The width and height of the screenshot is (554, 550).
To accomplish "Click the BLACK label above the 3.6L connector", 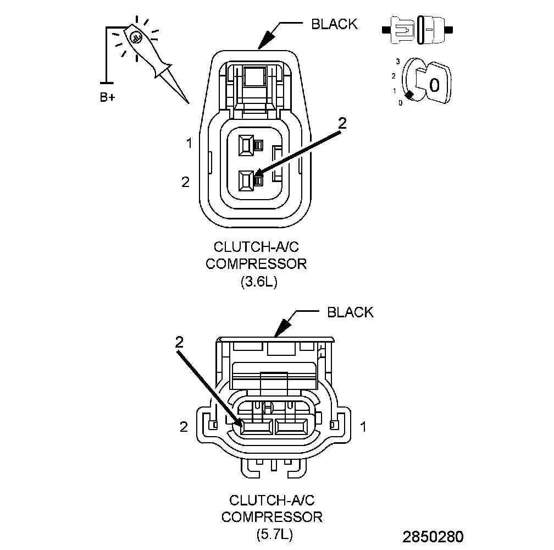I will pyautogui.click(x=334, y=24).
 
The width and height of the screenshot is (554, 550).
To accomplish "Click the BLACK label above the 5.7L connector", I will pyautogui.click(x=350, y=312).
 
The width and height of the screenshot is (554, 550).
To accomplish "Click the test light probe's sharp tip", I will pyautogui.click(x=187, y=102).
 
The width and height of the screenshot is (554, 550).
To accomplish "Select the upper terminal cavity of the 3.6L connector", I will pyautogui.click(x=246, y=145).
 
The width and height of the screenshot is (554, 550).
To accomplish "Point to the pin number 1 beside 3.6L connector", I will pyautogui.click(x=189, y=144).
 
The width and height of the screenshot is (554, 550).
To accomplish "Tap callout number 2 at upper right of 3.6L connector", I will pyautogui.click(x=342, y=124).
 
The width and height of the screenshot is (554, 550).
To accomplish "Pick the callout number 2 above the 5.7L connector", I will pyautogui.click(x=179, y=342).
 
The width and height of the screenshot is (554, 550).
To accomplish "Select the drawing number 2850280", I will pyautogui.click(x=433, y=536).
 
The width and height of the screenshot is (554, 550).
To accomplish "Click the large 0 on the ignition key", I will pyautogui.click(x=434, y=85).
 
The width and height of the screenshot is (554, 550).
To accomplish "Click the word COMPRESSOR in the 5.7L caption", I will pyautogui.click(x=272, y=517).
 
